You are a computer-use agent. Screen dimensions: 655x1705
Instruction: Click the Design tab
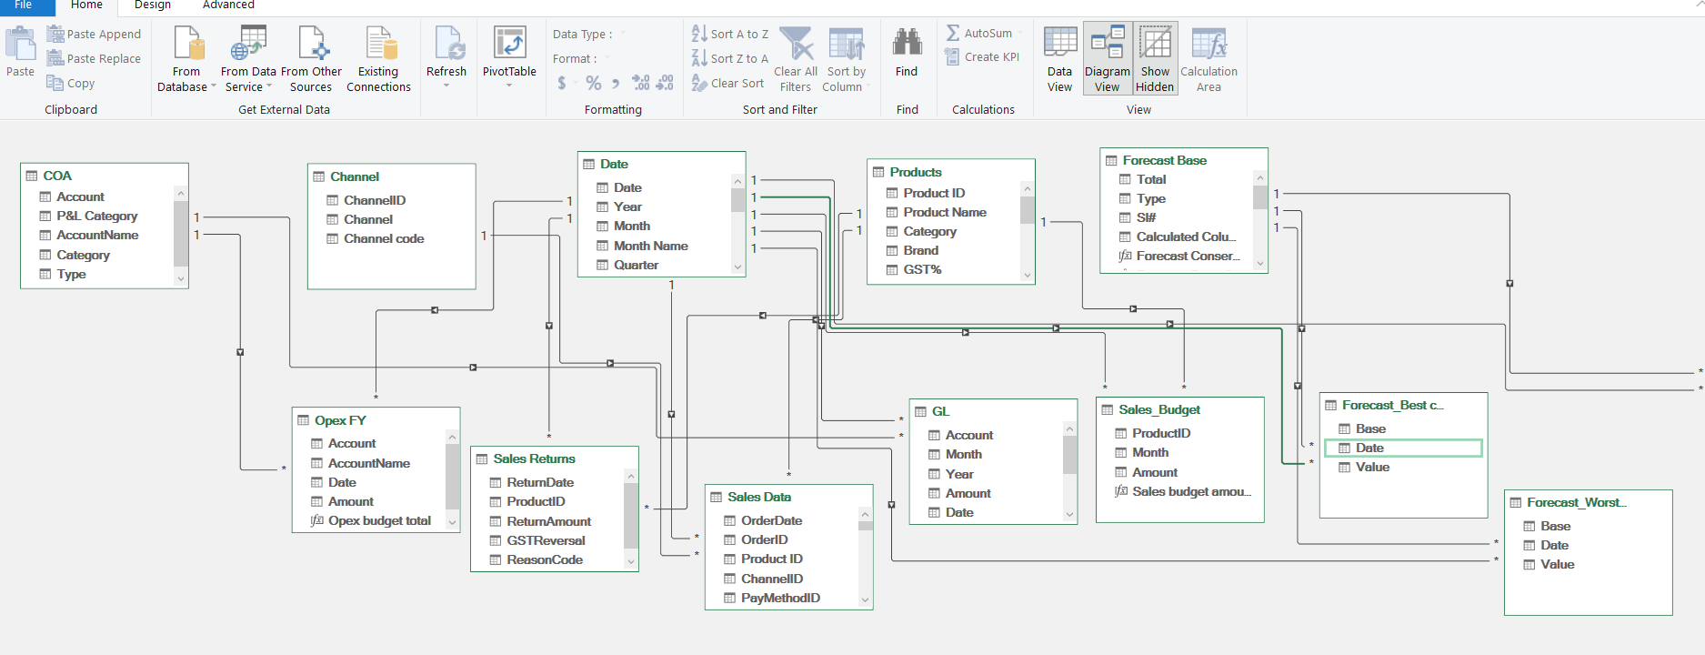click(x=153, y=5)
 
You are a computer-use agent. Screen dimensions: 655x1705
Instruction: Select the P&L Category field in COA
click(x=96, y=217)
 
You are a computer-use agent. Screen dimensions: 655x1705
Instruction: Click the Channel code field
click(x=383, y=239)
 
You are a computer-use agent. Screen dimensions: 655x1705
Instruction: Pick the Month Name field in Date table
click(x=650, y=247)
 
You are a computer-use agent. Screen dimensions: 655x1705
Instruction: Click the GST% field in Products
click(x=921, y=270)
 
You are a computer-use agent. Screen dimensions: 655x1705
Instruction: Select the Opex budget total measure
click(x=378, y=521)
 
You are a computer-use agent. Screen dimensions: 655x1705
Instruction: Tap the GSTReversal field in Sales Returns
click(x=546, y=541)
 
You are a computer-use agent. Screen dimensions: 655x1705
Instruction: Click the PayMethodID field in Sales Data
click(x=779, y=599)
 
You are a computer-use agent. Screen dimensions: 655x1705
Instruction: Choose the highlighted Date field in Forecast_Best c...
click(x=1369, y=448)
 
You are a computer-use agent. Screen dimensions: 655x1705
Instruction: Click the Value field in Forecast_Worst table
click(x=1557, y=565)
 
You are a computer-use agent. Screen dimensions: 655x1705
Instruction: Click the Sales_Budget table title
click(x=1158, y=410)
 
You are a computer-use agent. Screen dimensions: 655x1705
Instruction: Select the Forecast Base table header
click(x=1164, y=161)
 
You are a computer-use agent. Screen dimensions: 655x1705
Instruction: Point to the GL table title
click(x=939, y=412)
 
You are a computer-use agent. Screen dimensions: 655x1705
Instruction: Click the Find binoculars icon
click(x=907, y=43)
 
